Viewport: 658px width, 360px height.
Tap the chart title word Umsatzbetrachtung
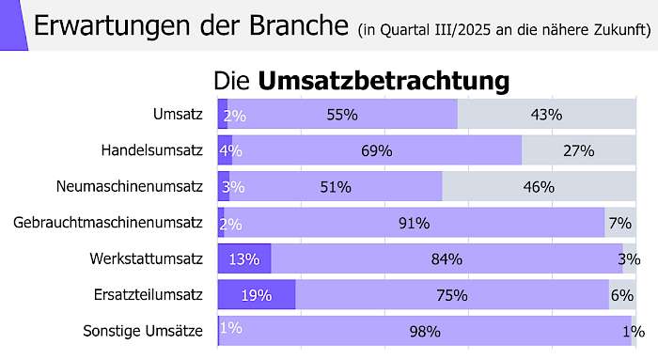383,81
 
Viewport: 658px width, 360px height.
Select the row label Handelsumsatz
152,149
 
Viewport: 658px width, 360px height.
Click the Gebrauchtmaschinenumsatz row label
108,223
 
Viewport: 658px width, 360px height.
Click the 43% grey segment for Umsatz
546,115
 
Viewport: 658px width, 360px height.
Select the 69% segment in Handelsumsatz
376,150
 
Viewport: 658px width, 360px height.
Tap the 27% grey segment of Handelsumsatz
579,150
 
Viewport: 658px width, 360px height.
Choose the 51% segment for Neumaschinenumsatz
336,187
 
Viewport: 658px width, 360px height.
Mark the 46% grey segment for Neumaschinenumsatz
539,187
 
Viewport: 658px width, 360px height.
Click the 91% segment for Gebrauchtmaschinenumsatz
414,223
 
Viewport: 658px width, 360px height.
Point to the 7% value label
619,223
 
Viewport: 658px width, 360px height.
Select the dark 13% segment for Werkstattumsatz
243,258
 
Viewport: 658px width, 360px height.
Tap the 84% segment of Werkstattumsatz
446,258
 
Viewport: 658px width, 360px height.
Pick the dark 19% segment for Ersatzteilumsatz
256,294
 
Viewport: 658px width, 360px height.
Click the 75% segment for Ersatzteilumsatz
452,294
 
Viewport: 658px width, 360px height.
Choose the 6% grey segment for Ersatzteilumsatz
622,294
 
